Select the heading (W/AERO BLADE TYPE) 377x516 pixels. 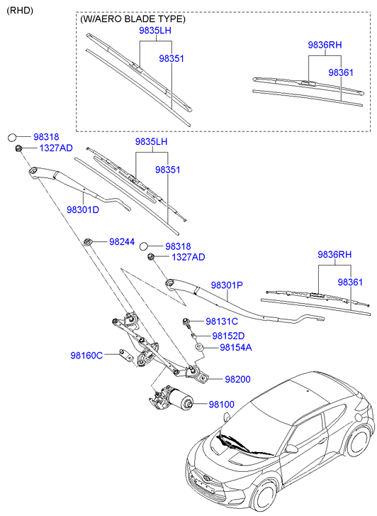[x=133, y=19]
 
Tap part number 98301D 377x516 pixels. [x=83, y=210]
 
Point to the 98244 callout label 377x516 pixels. [x=122, y=242]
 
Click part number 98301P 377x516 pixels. [x=226, y=285]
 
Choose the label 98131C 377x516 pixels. [x=222, y=322]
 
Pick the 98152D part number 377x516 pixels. [x=228, y=336]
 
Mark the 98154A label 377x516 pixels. [x=236, y=348]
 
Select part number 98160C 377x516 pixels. [x=86, y=354]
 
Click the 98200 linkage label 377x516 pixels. [x=238, y=380]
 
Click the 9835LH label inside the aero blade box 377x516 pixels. [x=154, y=32]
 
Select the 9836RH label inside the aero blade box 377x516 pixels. [x=325, y=45]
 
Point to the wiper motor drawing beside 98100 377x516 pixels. [x=171, y=399]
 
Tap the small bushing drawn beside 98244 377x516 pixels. [x=89, y=242]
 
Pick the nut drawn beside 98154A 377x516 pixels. [x=201, y=348]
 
